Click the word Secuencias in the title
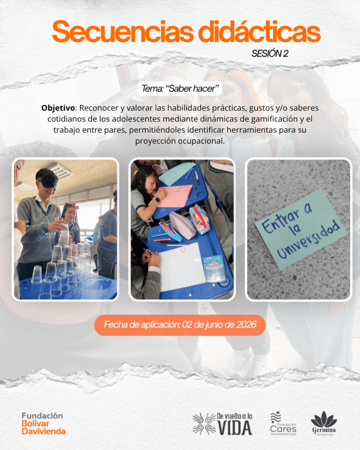pyautogui.click(x=123, y=32)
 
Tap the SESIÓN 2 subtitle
pyautogui.click(x=270, y=53)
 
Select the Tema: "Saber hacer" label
pyautogui.click(x=180, y=89)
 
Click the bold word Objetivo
pyautogui.click(x=58, y=108)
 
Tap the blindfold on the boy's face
pyautogui.click(x=48, y=181)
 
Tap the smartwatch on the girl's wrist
pyautogui.click(x=157, y=200)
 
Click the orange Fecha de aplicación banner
pyautogui.click(x=180, y=325)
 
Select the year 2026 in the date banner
pyautogui.click(x=246, y=325)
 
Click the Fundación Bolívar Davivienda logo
pyautogui.click(x=44, y=424)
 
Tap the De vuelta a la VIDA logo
pyautogui.click(x=222, y=424)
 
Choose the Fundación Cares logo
pyautogui.click(x=283, y=424)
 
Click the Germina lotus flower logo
pyautogui.click(x=324, y=424)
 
